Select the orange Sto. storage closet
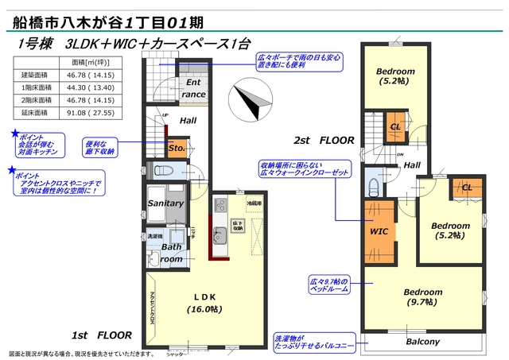(x=176, y=148)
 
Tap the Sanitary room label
(x=165, y=203)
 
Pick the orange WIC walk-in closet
(x=378, y=231)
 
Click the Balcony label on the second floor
(x=422, y=343)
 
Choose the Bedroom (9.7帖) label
(x=422, y=296)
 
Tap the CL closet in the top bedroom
(x=395, y=128)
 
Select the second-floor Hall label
(x=412, y=165)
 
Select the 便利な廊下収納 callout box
(x=101, y=146)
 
